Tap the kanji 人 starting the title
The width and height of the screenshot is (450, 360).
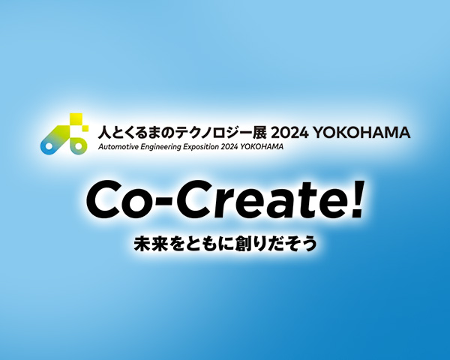106,133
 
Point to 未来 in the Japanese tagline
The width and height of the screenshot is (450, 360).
146,244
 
